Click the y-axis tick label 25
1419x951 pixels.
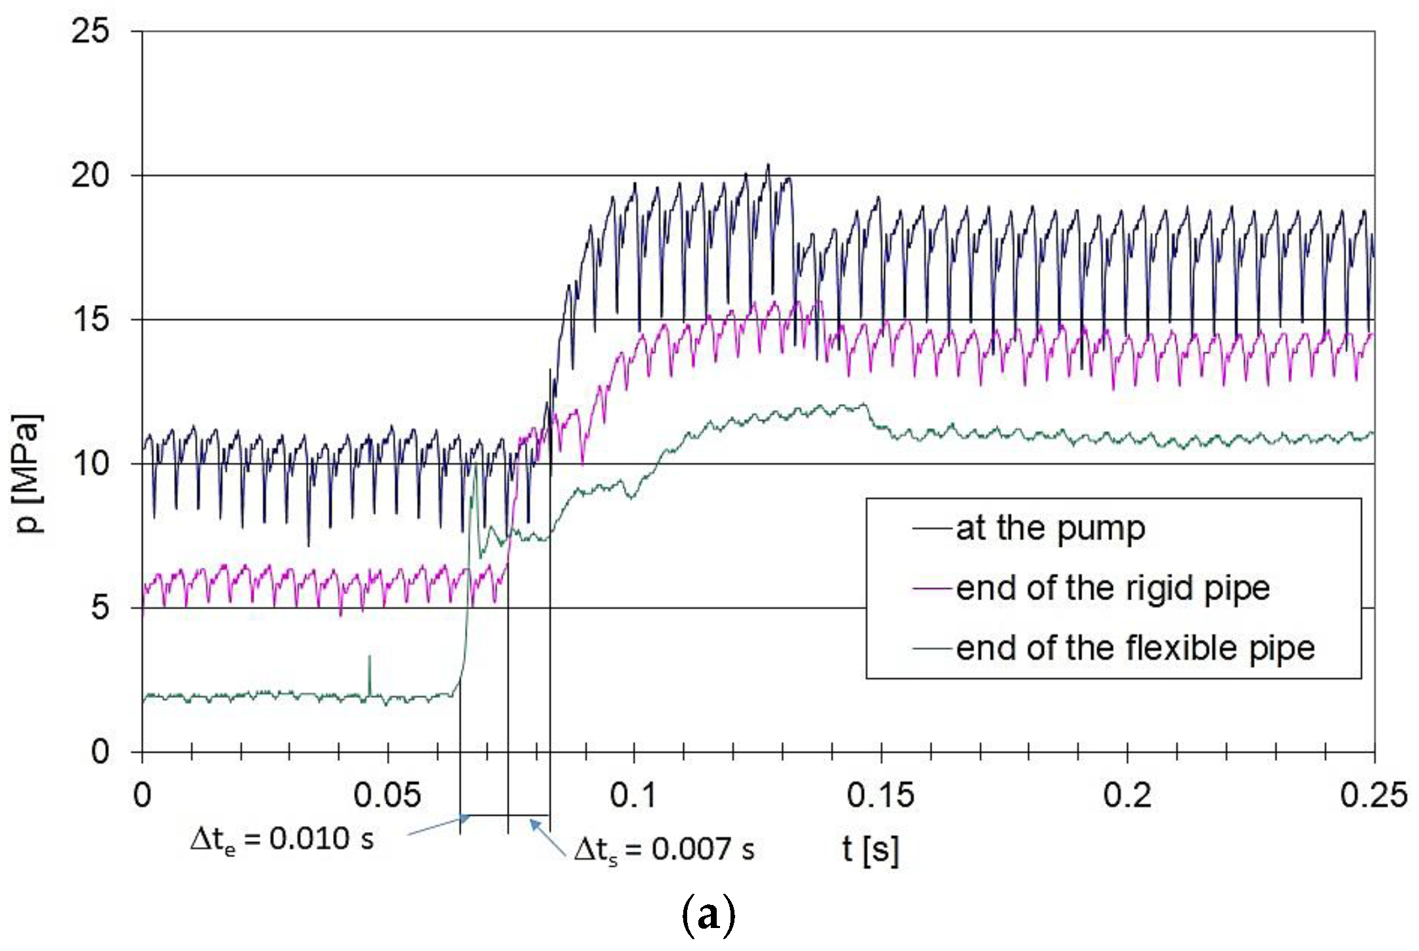(x=90, y=31)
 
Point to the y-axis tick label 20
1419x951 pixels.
(x=90, y=175)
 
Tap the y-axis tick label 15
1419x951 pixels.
(x=90, y=320)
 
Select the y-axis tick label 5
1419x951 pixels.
(x=99, y=608)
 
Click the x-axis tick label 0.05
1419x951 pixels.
(x=387, y=795)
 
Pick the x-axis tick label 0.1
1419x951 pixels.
(x=633, y=795)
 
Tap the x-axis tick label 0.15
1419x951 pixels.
(x=880, y=795)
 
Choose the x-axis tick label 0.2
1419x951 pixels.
(x=1127, y=795)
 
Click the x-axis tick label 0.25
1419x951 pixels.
(x=1373, y=795)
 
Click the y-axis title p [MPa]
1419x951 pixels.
(x=28, y=473)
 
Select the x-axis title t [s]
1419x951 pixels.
(x=870, y=849)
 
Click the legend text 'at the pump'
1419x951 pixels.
(x=1050, y=528)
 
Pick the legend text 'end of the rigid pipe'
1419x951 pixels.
(x=1112, y=588)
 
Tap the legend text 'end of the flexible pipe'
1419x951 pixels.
(x=1135, y=648)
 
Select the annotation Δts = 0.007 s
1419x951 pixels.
(x=664, y=850)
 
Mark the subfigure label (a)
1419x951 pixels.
(x=708, y=915)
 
